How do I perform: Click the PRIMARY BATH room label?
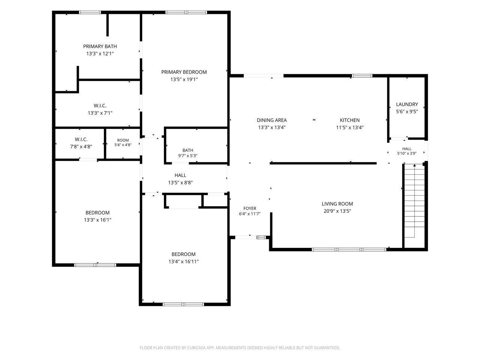pyautogui.click(x=100, y=46)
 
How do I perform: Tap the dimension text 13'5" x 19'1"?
pyautogui.click(x=184, y=79)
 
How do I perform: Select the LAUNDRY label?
pyautogui.click(x=407, y=104)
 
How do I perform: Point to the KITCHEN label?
pyautogui.click(x=349, y=120)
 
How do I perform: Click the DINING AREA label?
pyautogui.click(x=271, y=120)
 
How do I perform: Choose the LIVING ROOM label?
pyautogui.click(x=337, y=204)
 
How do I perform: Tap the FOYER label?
pyautogui.click(x=249, y=208)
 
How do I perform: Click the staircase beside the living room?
pyautogui.click(x=414, y=201)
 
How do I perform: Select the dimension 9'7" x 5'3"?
pyautogui.click(x=187, y=156)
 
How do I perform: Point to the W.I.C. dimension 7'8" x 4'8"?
pyautogui.click(x=81, y=147)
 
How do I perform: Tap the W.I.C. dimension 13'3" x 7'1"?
pyautogui.click(x=100, y=113)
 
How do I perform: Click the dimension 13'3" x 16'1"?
pyautogui.click(x=97, y=220)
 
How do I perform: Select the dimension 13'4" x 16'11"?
pyautogui.click(x=183, y=261)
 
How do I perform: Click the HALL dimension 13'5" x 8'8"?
pyautogui.click(x=180, y=183)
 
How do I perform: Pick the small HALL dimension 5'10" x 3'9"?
pyautogui.click(x=406, y=153)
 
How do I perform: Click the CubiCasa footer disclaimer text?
pyautogui.click(x=240, y=348)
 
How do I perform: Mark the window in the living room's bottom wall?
pyautogui.click(x=349, y=249)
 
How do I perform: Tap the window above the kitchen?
pyautogui.click(x=362, y=76)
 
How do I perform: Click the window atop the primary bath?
pyautogui.click(x=90, y=12)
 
